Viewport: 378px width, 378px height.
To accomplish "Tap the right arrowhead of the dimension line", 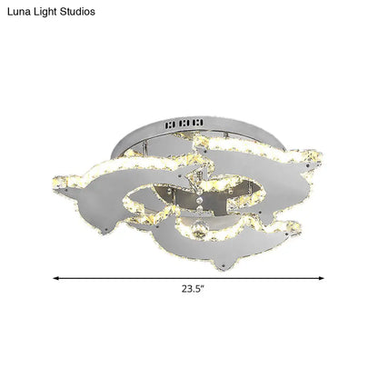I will pyautogui.click(x=325, y=278).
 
